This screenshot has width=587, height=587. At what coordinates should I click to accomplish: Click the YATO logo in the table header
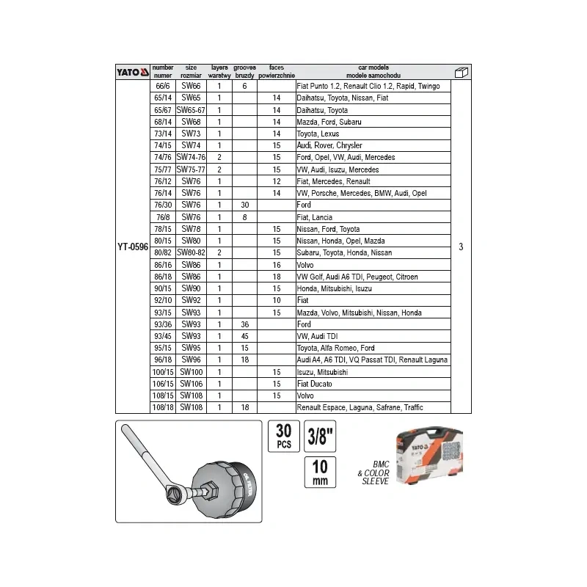point(133,72)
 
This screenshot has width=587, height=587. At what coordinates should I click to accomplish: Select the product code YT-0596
point(132,247)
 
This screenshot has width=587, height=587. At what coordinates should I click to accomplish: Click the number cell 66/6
point(162,86)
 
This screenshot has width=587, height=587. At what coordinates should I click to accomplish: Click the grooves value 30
point(244,205)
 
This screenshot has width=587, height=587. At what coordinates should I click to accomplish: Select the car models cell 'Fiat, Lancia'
point(314,216)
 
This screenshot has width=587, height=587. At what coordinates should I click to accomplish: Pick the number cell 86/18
point(162,276)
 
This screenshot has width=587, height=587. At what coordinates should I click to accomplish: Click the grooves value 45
point(244,335)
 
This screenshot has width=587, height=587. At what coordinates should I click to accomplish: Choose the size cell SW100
point(192,371)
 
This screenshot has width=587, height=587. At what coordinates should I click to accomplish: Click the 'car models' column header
point(372,71)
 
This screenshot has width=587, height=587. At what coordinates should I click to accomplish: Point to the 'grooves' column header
point(244,71)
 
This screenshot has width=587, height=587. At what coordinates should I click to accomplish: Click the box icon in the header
point(461,72)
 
